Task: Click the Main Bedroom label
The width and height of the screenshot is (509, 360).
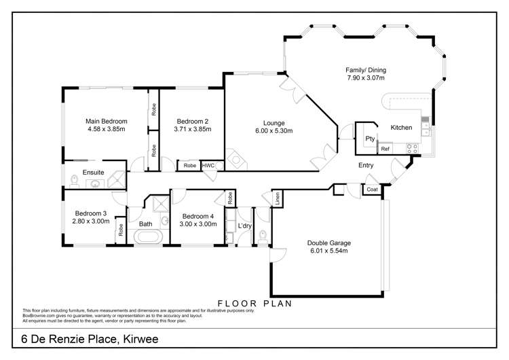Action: pyautogui.click(x=107, y=122)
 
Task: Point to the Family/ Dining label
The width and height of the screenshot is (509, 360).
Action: pyautogui.click(x=364, y=69)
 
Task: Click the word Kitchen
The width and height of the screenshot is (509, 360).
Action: pyautogui.click(x=401, y=127)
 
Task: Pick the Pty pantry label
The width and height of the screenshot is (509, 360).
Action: pyautogui.click(x=370, y=139)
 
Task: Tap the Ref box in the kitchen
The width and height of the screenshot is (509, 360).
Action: pyautogui.click(x=385, y=149)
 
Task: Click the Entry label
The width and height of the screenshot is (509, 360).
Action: pyautogui.click(x=366, y=165)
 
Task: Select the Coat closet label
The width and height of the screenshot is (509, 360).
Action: pyautogui.click(x=372, y=190)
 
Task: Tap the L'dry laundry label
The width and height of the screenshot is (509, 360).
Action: pyautogui.click(x=245, y=224)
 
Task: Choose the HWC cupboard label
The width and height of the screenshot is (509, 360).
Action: pyautogui.click(x=208, y=165)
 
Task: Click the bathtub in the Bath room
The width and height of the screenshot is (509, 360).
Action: pyautogui.click(x=147, y=238)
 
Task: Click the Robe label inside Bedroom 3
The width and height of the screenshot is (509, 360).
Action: pyautogui.click(x=119, y=230)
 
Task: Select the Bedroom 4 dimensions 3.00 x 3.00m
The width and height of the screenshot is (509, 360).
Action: pyautogui.click(x=197, y=224)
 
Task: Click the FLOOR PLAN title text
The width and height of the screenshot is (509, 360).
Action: pyautogui.click(x=254, y=304)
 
